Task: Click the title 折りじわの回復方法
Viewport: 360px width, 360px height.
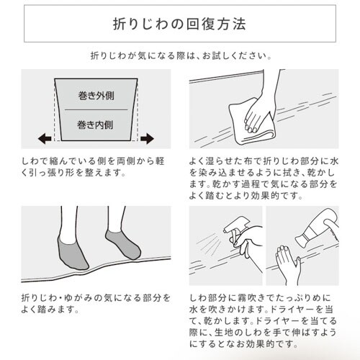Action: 179,24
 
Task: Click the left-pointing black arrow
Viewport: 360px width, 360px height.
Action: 45,138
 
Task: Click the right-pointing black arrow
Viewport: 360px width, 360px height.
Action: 147,138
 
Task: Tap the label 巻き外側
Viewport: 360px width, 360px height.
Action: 96,96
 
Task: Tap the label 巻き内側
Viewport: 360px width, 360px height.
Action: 95,125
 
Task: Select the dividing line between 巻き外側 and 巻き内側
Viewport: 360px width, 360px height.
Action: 96,110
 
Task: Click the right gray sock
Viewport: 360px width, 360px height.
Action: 124,244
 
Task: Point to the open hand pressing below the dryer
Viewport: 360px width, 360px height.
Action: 287,264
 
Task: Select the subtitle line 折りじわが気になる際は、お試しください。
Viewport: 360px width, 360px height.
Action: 181,56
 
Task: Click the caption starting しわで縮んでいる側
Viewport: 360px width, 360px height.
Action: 93,167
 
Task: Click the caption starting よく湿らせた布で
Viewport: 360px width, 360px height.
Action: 264,179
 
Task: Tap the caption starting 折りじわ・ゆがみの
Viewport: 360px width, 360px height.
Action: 96,304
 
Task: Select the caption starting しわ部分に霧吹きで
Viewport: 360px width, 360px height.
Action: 263,321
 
